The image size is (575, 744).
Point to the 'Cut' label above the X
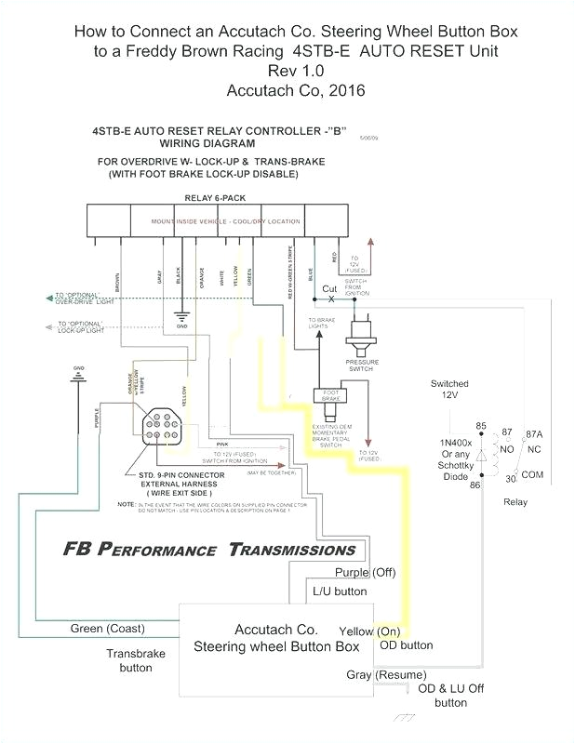[330, 288]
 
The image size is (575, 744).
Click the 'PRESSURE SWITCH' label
[362, 365]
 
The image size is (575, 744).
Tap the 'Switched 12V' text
[449, 389]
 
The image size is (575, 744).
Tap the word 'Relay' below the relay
[515, 501]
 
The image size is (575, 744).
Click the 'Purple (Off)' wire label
[365, 572]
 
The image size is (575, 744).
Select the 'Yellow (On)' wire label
[369, 631]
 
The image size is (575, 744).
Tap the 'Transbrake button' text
[135, 660]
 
